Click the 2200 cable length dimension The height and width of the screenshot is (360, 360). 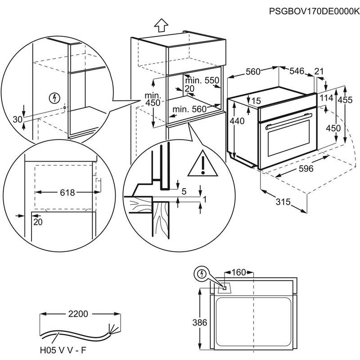78,313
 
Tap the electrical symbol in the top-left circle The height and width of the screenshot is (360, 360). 55,97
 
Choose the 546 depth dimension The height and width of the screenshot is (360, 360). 297,71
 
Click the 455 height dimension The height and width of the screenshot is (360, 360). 345,100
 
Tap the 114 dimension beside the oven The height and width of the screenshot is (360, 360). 327,98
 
